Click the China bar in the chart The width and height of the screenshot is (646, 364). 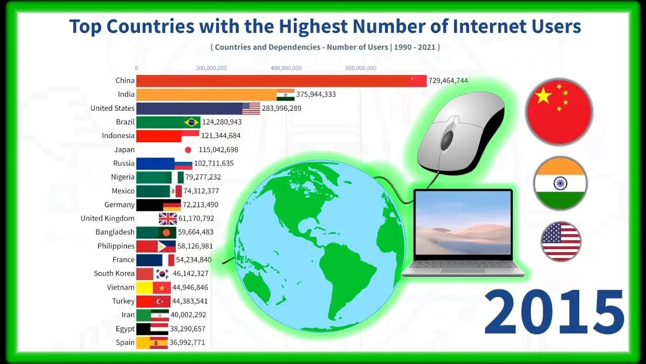tap(273, 80)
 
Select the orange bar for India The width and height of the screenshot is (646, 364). tap(207, 95)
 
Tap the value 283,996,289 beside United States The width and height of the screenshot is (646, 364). tap(282, 108)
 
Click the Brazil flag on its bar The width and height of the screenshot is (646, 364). tap(192, 122)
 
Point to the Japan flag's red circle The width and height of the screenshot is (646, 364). tap(188, 150)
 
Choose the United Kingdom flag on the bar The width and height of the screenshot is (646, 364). tap(168, 218)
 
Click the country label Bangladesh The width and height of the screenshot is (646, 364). tap(115, 232)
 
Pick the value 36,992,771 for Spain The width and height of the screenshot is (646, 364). tap(187, 342)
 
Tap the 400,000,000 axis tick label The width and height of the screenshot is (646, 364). tap(286, 68)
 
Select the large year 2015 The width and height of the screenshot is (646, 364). tap(554, 312)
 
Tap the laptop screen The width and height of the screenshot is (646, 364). tap(462, 222)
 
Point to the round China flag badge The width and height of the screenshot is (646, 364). tap(559, 111)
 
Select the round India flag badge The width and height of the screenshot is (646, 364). tap(560, 183)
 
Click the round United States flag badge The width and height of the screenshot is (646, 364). tap(561, 241)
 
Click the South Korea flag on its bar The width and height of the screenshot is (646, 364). tap(162, 274)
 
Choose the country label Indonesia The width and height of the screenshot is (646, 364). tap(118, 135)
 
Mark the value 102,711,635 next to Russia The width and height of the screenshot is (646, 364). tap(214, 163)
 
